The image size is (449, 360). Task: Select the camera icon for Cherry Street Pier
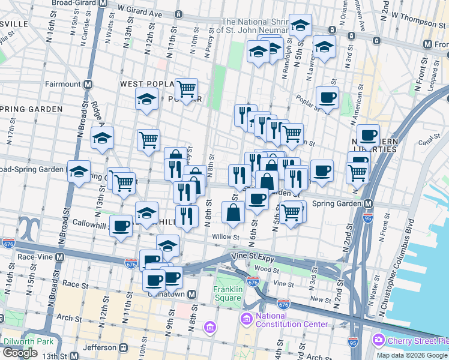point(378,340)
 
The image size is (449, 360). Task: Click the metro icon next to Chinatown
point(192,295)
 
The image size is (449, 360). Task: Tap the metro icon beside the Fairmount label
point(88,84)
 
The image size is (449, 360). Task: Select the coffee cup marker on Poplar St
point(327,97)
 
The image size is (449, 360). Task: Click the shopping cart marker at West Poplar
point(187,89)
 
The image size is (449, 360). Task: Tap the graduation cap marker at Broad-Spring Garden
point(79,171)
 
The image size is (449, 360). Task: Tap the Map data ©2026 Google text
point(411,355)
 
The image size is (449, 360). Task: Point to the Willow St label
point(226,237)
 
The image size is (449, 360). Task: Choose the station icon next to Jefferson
point(124,347)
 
